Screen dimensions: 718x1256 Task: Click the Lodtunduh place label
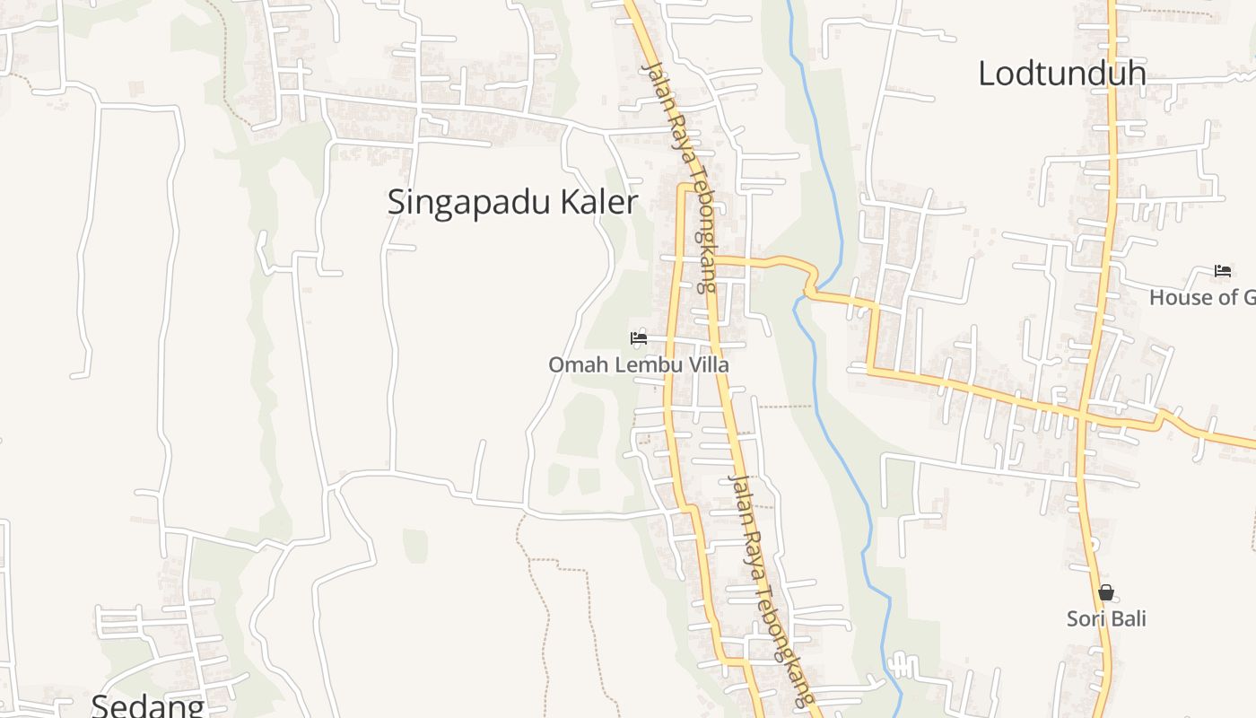pos(1061,74)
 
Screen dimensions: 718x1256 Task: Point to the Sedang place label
pos(147,705)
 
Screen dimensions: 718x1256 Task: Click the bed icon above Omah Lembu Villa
pos(639,338)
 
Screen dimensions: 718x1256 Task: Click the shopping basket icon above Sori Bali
pos(1106,592)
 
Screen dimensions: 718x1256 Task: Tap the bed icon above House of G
pos(1223,270)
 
